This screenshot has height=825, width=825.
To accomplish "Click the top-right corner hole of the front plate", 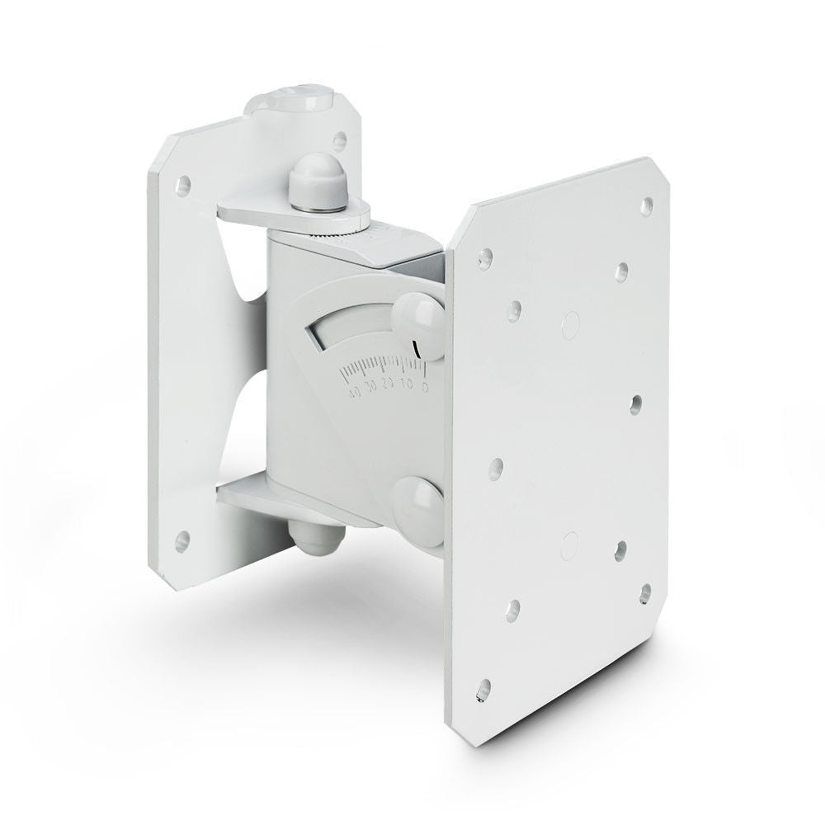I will click(646, 202).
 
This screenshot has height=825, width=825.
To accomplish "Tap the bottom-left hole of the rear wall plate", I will click(182, 542).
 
